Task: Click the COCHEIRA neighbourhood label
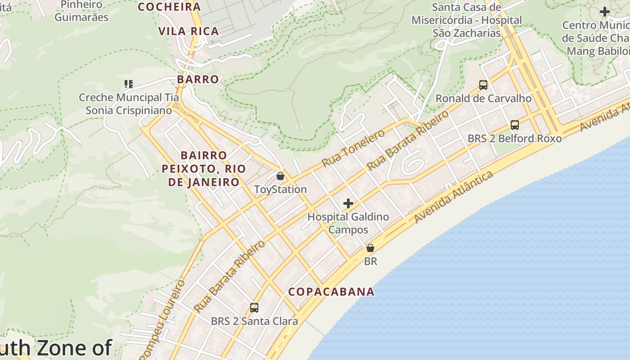169,7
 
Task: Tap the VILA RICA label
189,31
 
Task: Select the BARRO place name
198,79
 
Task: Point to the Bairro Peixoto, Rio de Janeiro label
204,169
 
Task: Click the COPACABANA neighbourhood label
331,292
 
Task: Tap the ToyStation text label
280,189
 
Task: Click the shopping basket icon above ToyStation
280,176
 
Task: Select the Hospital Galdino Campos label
348,223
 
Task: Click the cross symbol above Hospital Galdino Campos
348,203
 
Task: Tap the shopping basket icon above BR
370,248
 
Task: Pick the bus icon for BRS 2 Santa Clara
254,308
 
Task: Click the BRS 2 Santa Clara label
254,321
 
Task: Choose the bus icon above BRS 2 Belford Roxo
515,125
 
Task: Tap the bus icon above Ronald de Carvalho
483,85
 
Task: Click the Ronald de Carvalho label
483,99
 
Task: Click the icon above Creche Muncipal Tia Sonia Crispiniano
129,84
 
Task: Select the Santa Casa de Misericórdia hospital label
467,20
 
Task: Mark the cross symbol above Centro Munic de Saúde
605,12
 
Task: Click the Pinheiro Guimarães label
81,11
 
